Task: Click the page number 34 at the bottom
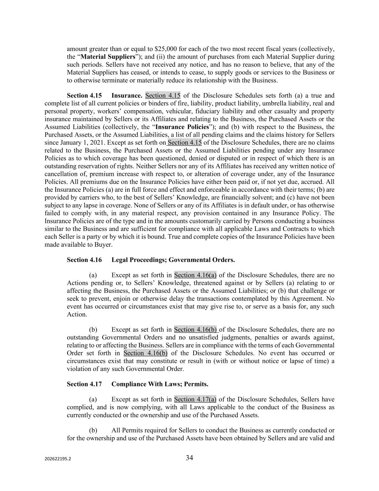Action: (x=189, y=458)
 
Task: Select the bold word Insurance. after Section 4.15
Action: (x=127, y=96)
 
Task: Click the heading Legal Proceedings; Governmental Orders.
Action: (x=173, y=260)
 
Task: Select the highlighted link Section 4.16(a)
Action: (x=195, y=275)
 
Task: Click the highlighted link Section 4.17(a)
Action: (x=195, y=399)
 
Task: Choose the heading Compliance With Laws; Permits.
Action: (x=160, y=384)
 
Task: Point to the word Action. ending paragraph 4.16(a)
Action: (x=77, y=314)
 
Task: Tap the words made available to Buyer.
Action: (x=78, y=245)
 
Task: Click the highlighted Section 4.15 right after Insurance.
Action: (x=162, y=96)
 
